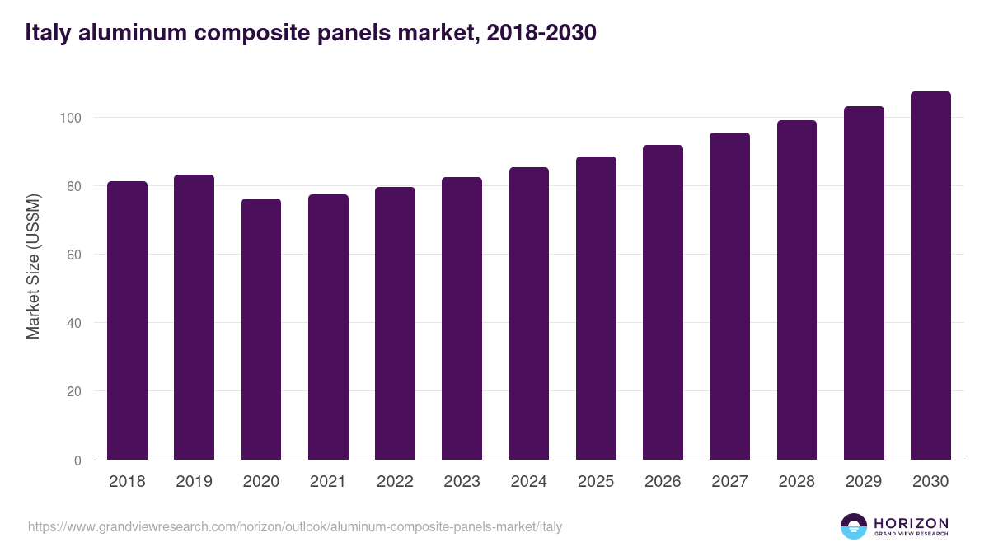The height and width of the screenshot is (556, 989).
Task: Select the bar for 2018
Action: tap(127, 321)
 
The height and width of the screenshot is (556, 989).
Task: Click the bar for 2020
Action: tap(261, 329)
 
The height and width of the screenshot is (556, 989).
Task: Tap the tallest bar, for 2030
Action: tap(930, 276)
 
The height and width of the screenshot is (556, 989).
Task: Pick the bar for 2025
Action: tap(596, 308)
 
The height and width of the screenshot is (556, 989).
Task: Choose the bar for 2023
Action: tap(462, 319)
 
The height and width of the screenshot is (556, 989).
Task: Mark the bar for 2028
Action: tap(796, 290)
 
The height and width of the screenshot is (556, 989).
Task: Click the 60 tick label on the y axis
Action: tap(74, 255)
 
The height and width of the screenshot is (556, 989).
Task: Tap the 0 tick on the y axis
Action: tap(77, 460)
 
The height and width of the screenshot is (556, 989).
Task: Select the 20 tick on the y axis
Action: tap(74, 391)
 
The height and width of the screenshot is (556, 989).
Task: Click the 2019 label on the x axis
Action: tap(194, 482)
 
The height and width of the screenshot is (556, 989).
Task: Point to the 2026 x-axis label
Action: tap(663, 482)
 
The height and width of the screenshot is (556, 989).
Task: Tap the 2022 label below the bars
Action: tap(395, 482)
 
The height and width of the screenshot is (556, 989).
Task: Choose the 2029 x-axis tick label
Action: tap(864, 482)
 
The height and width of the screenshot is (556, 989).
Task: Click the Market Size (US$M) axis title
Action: tap(33, 266)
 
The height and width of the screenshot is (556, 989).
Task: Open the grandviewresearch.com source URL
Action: tap(295, 526)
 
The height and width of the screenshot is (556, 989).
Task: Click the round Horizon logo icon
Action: tap(854, 526)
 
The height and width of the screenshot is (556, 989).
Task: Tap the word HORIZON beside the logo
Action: tap(911, 523)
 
